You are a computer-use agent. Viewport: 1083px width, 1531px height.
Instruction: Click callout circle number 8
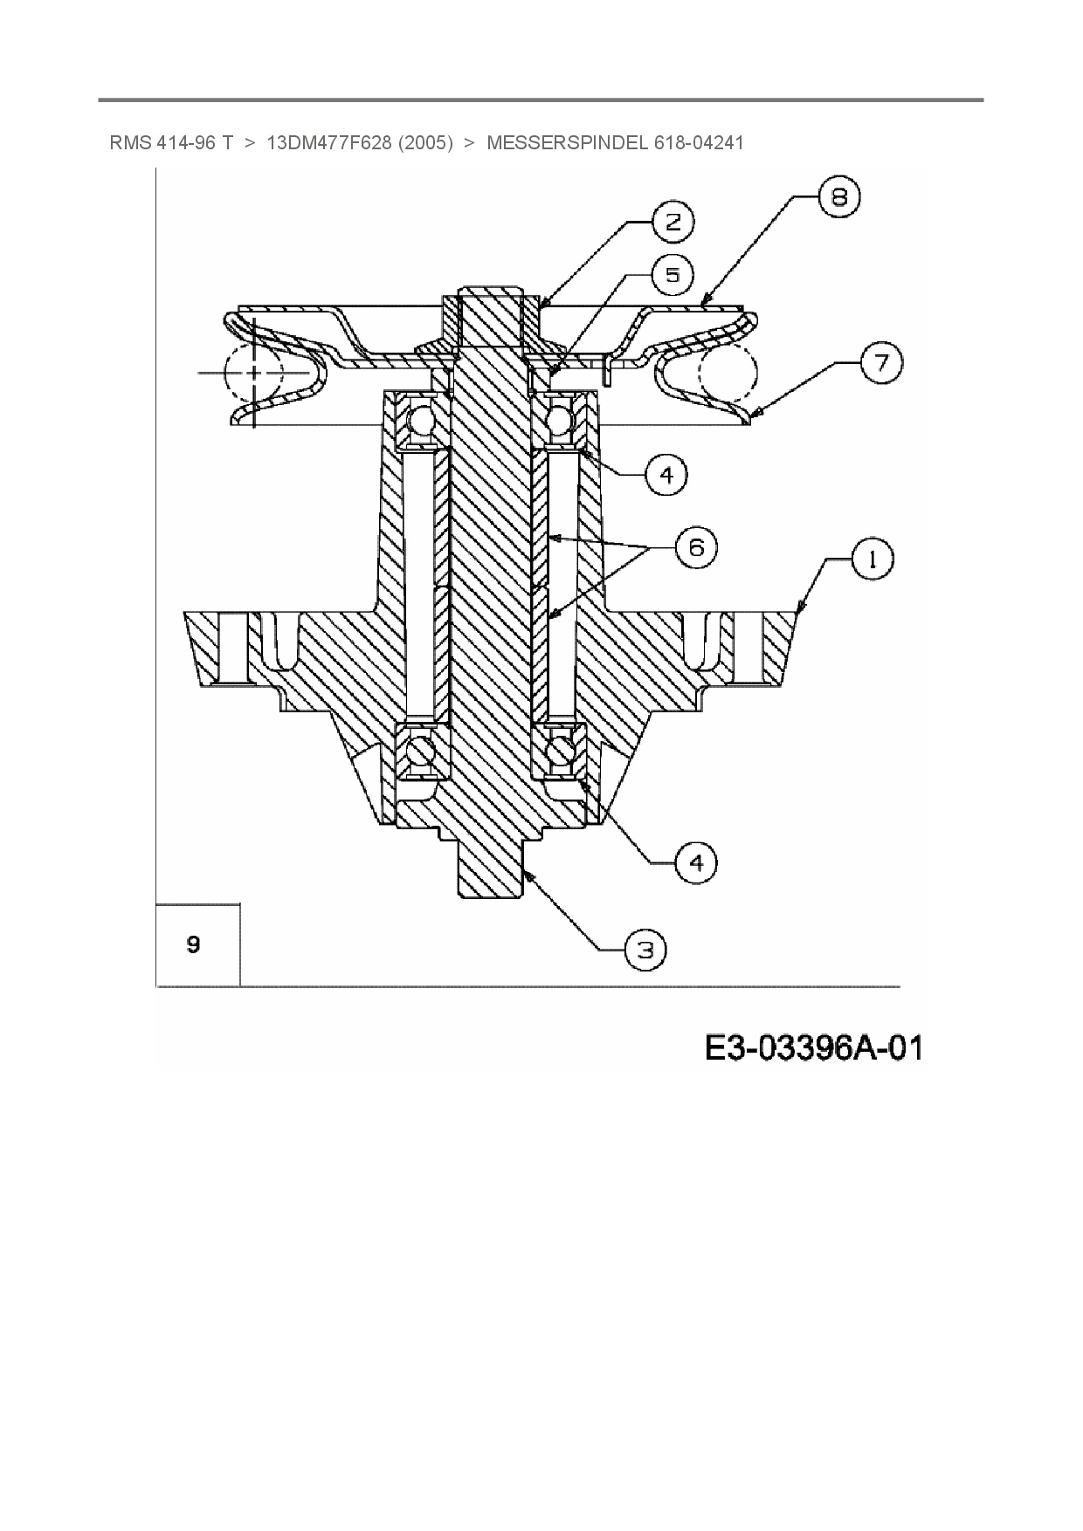(x=838, y=197)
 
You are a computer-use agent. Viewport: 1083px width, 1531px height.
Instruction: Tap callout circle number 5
(x=673, y=275)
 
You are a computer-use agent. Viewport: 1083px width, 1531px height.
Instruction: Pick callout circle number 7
(x=881, y=362)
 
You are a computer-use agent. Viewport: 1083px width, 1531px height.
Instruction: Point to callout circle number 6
(x=696, y=547)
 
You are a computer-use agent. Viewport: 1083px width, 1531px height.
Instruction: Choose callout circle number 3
(x=645, y=949)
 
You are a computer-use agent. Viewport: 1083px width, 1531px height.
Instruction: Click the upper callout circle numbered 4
(x=666, y=475)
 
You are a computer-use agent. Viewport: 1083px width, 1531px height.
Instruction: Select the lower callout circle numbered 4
(x=696, y=862)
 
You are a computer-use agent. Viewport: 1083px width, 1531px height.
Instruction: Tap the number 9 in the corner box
(x=194, y=944)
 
